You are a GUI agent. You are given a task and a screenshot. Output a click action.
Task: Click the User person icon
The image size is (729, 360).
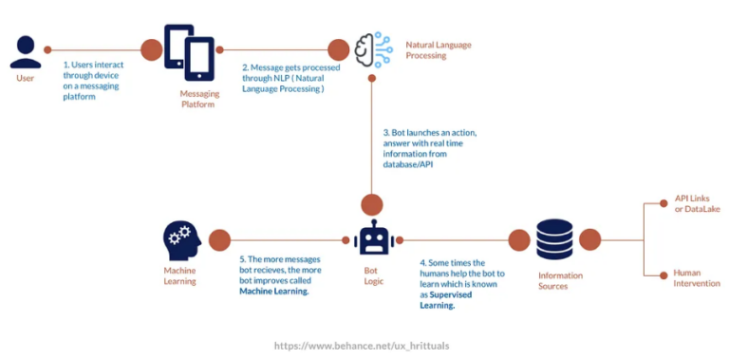[x=26, y=52]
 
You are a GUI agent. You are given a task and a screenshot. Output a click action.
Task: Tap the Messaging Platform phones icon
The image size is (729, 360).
[x=190, y=52]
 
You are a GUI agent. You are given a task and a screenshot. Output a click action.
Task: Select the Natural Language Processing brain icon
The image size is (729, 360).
[x=372, y=49]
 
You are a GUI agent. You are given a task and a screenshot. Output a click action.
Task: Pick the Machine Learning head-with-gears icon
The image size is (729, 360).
[x=179, y=241]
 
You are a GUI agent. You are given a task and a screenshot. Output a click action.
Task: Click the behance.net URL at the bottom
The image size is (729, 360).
[x=362, y=346]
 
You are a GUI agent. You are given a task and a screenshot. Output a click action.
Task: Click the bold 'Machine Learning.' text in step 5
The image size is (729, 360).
[x=274, y=292]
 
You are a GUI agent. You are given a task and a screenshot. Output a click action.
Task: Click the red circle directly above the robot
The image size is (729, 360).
[x=371, y=203]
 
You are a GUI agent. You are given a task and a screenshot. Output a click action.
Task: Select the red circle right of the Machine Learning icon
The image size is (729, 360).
[x=219, y=241]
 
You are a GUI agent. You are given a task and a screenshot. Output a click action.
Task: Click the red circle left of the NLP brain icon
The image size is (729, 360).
[x=339, y=49]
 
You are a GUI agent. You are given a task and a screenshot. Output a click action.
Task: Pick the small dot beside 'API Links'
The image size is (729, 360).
[x=662, y=203]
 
